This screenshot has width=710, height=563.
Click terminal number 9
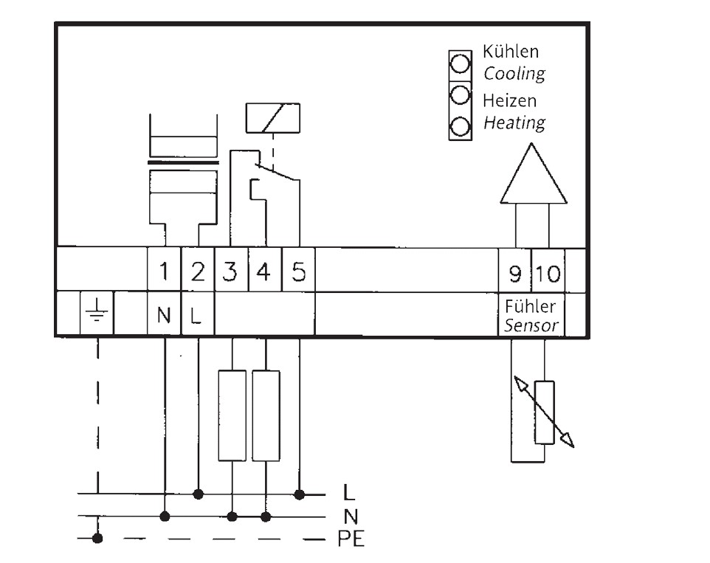click(x=515, y=274)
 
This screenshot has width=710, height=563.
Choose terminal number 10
click(x=548, y=274)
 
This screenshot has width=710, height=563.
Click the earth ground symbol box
click(x=97, y=313)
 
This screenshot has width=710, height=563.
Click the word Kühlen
click(x=511, y=52)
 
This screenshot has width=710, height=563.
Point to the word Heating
click(x=514, y=122)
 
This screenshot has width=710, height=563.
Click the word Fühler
click(x=530, y=306)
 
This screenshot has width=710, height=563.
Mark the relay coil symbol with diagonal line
click(x=272, y=118)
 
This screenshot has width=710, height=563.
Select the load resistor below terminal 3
click(x=232, y=415)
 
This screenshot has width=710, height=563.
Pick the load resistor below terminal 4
click(x=266, y=415)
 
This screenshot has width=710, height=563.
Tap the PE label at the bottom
click(x=351, y=539)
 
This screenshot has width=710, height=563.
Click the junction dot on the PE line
click(x=97, y=539)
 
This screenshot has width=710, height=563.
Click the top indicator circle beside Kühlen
click(x=460, y=63)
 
